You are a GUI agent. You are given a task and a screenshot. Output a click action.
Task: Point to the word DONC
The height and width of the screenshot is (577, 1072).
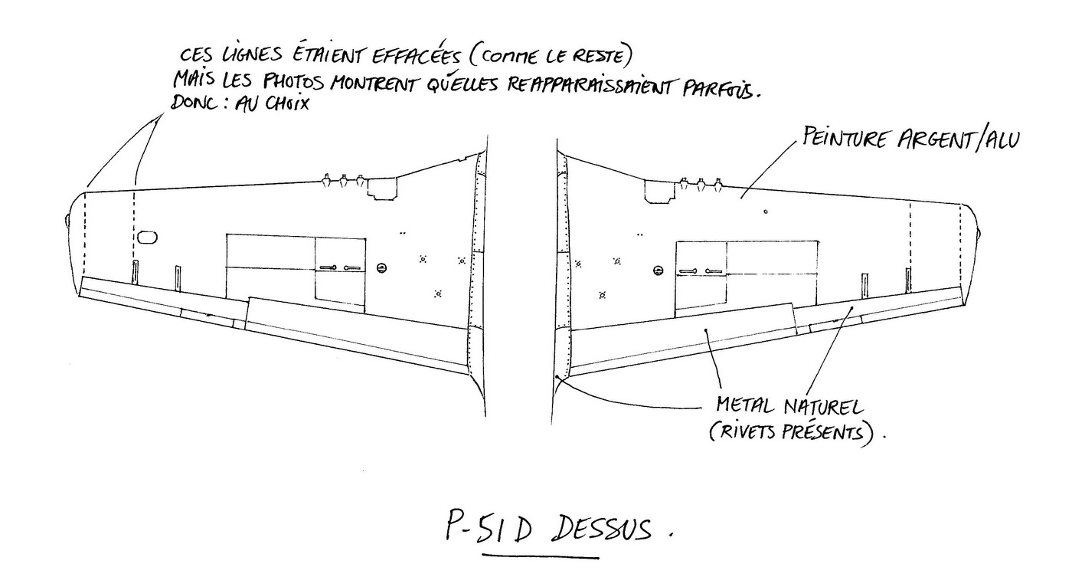194,103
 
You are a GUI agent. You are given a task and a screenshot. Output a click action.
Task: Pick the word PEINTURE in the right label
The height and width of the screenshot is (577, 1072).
847,139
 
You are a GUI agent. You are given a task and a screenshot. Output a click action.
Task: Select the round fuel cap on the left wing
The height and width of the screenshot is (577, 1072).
381,267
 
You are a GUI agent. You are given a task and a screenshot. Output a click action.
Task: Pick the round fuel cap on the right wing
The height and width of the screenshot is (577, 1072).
658,270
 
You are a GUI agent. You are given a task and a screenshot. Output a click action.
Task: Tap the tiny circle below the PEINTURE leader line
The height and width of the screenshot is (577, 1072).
766,211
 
